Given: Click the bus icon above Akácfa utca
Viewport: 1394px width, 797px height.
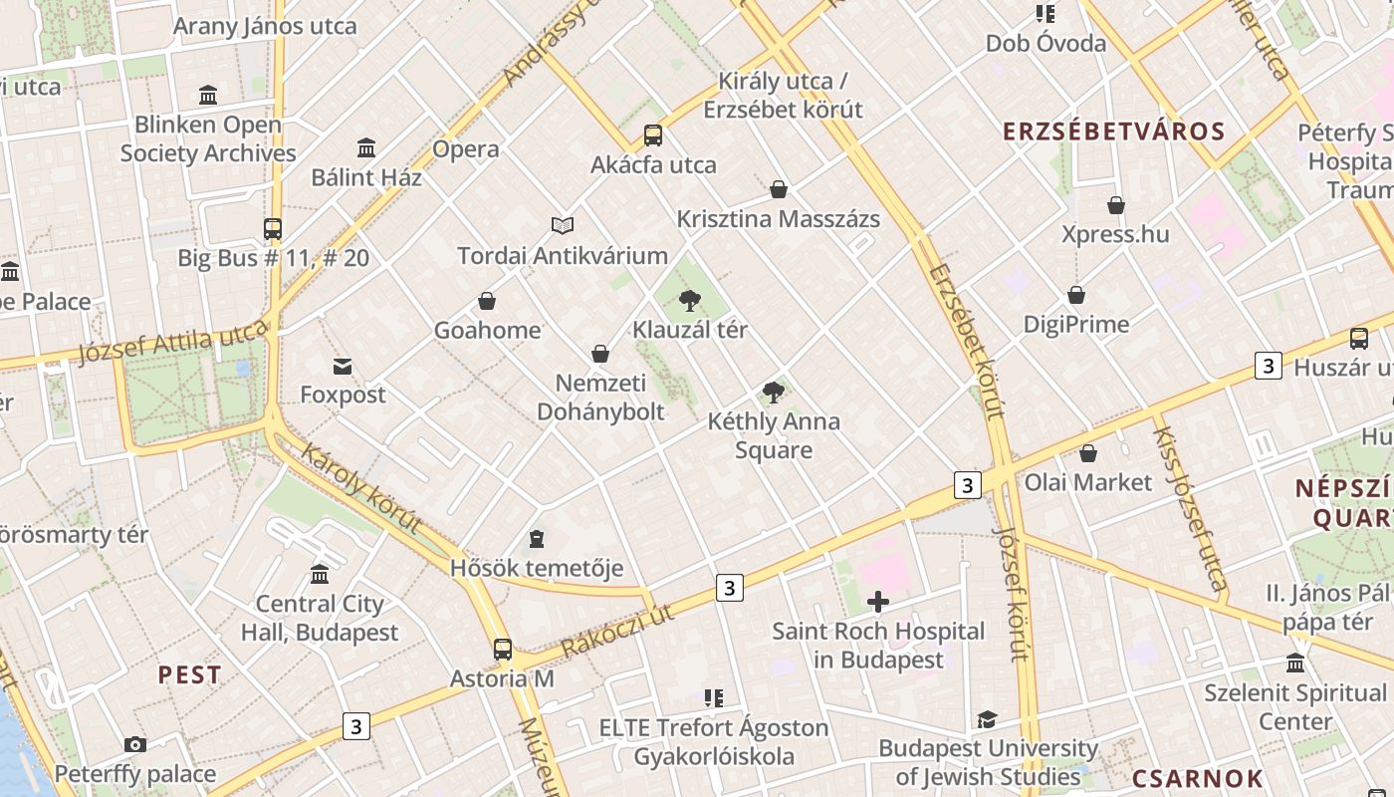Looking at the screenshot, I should pos(652,135).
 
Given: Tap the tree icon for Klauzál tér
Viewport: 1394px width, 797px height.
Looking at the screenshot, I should pos(689,301).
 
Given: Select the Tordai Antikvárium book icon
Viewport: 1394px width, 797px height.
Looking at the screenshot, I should pos(563,226).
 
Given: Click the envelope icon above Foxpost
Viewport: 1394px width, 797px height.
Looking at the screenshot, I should pos(343,367).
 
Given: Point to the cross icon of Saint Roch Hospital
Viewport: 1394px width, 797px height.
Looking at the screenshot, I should pos(877,602).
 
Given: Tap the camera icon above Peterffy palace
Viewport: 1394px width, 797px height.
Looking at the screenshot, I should pos(135,745).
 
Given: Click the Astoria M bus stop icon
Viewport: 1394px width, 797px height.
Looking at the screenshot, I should pos(503,650).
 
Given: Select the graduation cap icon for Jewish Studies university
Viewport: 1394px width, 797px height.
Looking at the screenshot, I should pos(987,719).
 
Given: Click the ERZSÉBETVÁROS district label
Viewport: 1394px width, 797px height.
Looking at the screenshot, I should pos(1113,132).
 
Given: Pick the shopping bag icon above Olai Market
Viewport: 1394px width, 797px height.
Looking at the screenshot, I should pos(1088,453).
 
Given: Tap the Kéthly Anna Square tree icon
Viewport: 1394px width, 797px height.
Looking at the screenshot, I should pos(773,393).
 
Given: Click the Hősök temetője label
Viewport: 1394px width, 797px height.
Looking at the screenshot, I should pos(537,569).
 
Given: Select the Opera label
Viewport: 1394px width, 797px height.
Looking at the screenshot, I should pos(466,149).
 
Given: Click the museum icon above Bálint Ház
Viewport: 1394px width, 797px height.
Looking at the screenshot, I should pos(366,148).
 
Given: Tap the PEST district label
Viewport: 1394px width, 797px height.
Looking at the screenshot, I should pos(189,675).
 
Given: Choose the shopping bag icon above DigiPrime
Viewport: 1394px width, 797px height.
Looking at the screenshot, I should pos(1076,296).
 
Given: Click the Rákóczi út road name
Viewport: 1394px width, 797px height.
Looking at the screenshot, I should pos(617,632).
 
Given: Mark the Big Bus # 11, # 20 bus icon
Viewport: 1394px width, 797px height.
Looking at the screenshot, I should pos(273,229).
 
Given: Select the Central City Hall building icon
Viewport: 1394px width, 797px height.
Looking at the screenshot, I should pos(320,575).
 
